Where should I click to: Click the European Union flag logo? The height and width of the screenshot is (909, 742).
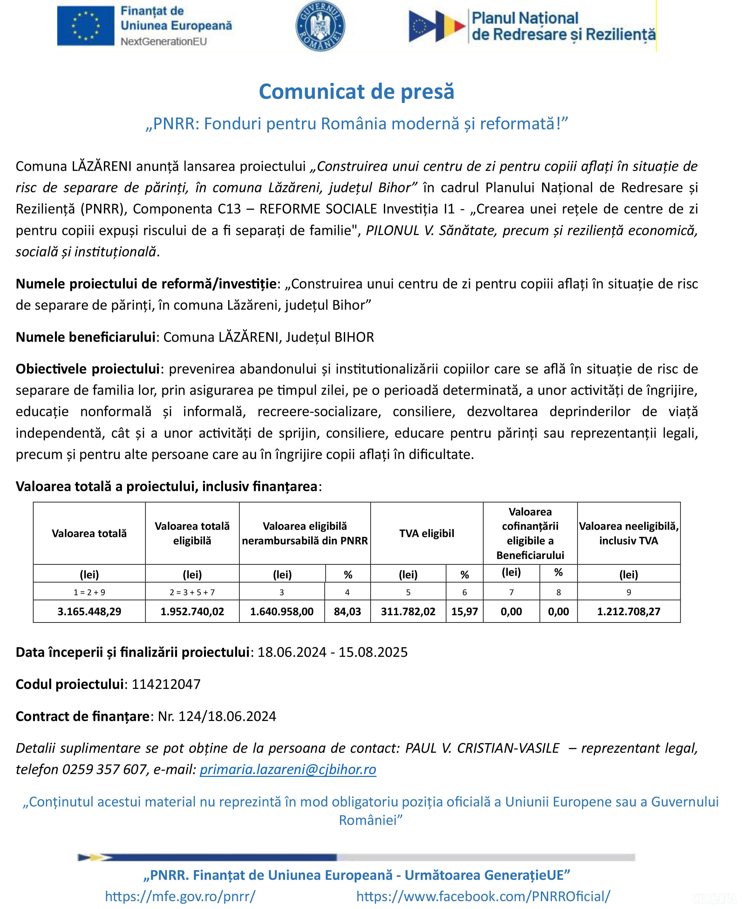(85, 26)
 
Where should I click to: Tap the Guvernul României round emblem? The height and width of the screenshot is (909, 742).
(320, 26)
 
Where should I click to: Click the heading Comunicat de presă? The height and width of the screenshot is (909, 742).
(357, 91)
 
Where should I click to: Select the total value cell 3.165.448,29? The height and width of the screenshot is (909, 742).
(89, 611)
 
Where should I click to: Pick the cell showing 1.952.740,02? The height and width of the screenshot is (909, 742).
(192, 611)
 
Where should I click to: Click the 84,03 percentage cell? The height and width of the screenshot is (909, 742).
(348, 611)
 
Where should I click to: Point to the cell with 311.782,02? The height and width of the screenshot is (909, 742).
(408, 611)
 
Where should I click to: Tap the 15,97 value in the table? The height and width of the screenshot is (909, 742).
(465, 611)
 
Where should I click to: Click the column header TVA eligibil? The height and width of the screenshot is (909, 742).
(426, 533)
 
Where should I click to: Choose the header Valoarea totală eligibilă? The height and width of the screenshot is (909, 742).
(192, 533)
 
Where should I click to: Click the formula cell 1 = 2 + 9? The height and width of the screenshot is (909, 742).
(89, 592)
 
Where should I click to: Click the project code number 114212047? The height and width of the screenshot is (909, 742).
(166, 684)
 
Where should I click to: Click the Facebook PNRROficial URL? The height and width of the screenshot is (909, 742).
(483, 896)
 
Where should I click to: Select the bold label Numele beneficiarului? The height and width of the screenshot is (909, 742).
(85, 337)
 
